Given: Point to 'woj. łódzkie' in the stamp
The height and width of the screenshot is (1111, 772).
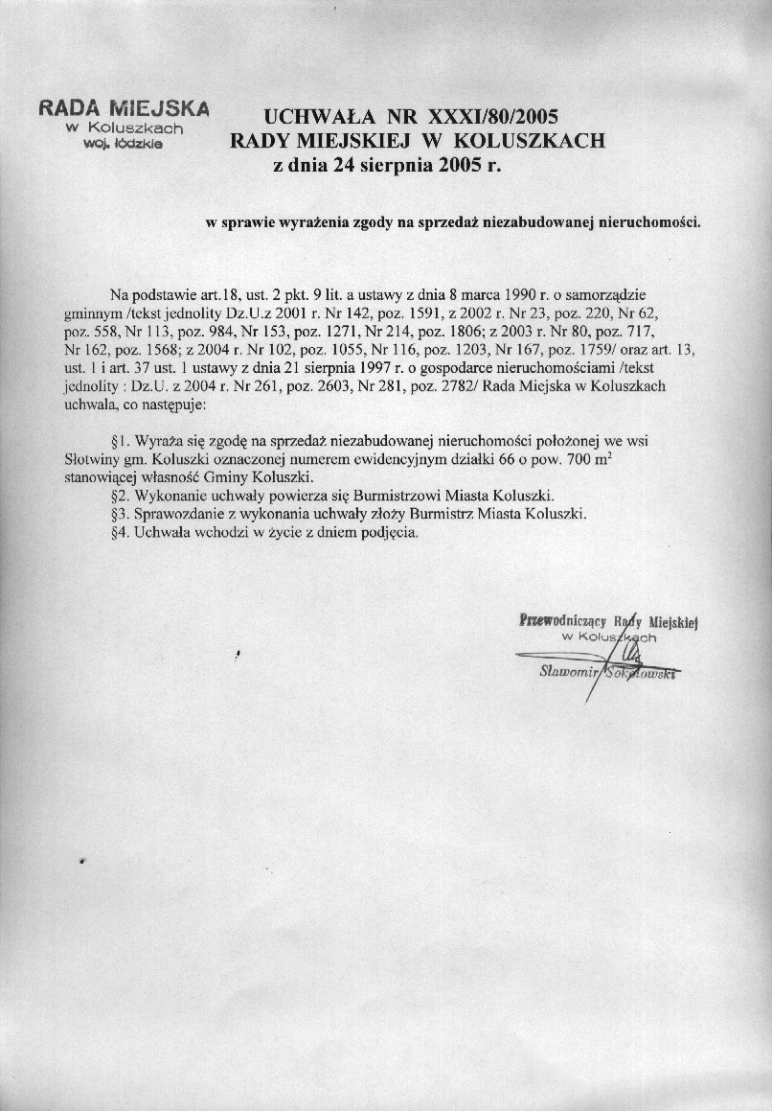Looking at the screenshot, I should point(125,143).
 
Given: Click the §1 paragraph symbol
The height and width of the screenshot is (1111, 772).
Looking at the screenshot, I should point(120,443).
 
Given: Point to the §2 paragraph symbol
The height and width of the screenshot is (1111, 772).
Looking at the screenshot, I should point(120,496).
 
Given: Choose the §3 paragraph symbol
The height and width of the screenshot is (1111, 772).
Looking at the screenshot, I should point(120,514).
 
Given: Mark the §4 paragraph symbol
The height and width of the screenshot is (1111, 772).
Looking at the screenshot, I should point(120,532).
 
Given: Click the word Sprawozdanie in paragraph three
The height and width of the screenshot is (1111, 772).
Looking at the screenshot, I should point(177,514).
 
